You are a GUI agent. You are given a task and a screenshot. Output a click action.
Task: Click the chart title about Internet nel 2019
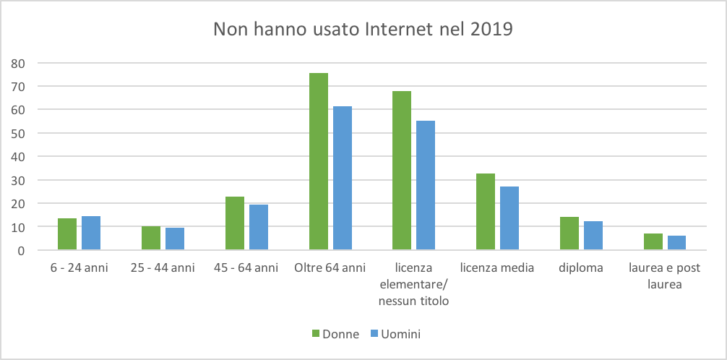coord(363,30)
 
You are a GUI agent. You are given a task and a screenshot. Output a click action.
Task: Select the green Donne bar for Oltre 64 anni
coord(319,162)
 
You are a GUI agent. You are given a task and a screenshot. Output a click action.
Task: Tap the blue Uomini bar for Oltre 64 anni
coord(342,179)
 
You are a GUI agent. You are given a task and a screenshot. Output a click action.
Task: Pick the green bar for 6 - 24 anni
coord(67,234)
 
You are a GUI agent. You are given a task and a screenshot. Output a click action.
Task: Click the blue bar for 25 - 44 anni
coord(174,239)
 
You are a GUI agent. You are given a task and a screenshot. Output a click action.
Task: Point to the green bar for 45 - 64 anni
coord(235,223)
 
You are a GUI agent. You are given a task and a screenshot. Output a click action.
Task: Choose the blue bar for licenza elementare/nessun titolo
coord(426,186)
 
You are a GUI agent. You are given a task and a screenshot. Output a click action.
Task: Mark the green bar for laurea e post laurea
coord(653,242)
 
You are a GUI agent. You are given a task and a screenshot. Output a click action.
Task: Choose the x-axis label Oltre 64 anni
coord(330,268)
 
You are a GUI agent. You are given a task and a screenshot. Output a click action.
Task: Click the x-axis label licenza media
coord(497,268)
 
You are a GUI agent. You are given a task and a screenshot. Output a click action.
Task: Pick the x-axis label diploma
coord(581,268)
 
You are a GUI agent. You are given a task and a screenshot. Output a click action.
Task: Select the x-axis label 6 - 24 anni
coord(79,268)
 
